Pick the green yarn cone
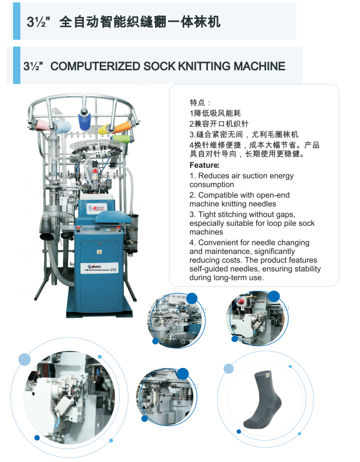pos(121,139)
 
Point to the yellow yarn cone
pos(104,129)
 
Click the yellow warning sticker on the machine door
pos(99,252)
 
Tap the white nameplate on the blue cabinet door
pos(99,268)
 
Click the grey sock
pos(262,399)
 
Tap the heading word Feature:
pos(204,165)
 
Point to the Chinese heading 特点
pos(197,103)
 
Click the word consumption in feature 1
pos(212,184)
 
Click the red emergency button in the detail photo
pos(241,301)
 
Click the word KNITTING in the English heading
pos(204,66)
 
